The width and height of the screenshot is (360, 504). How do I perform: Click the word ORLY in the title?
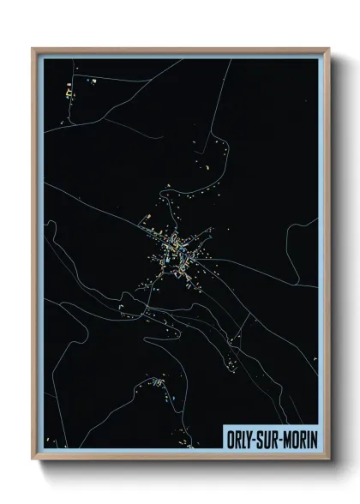239,435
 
